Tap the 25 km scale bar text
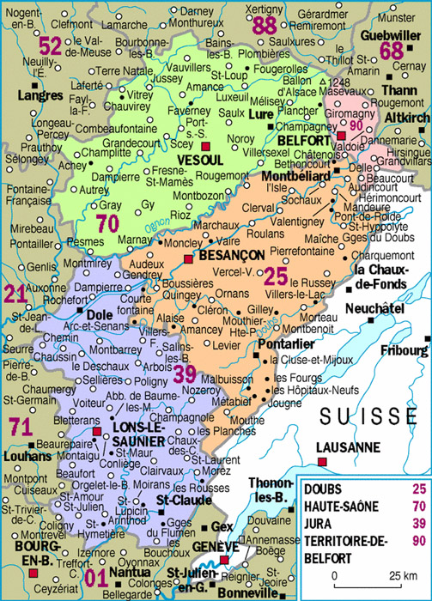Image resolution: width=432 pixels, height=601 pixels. tap(397, 574)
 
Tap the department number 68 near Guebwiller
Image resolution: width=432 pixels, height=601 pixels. tap(392, 51)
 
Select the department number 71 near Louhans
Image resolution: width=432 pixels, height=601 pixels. tap(21, 425)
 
